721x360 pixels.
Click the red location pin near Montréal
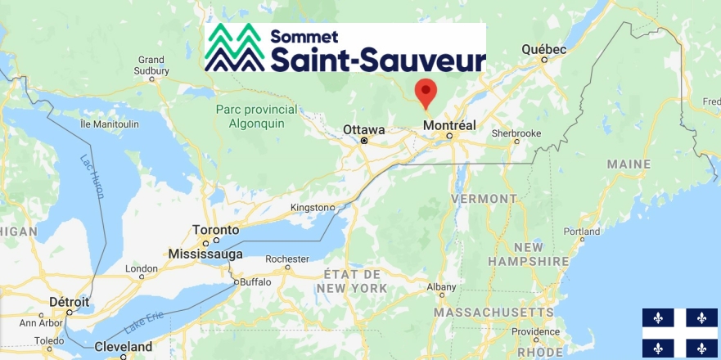426,92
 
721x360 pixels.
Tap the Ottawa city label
363,129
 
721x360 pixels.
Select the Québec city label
544,49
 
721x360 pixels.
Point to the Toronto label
215,229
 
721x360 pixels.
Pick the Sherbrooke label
516,133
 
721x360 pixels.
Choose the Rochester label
286,258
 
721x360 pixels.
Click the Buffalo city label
254,281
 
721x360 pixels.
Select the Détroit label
70,302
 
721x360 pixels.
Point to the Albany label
441,286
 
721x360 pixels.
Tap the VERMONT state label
484,198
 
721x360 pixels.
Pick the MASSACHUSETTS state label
493,313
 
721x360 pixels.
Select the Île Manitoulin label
109,124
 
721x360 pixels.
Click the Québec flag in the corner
679,333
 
